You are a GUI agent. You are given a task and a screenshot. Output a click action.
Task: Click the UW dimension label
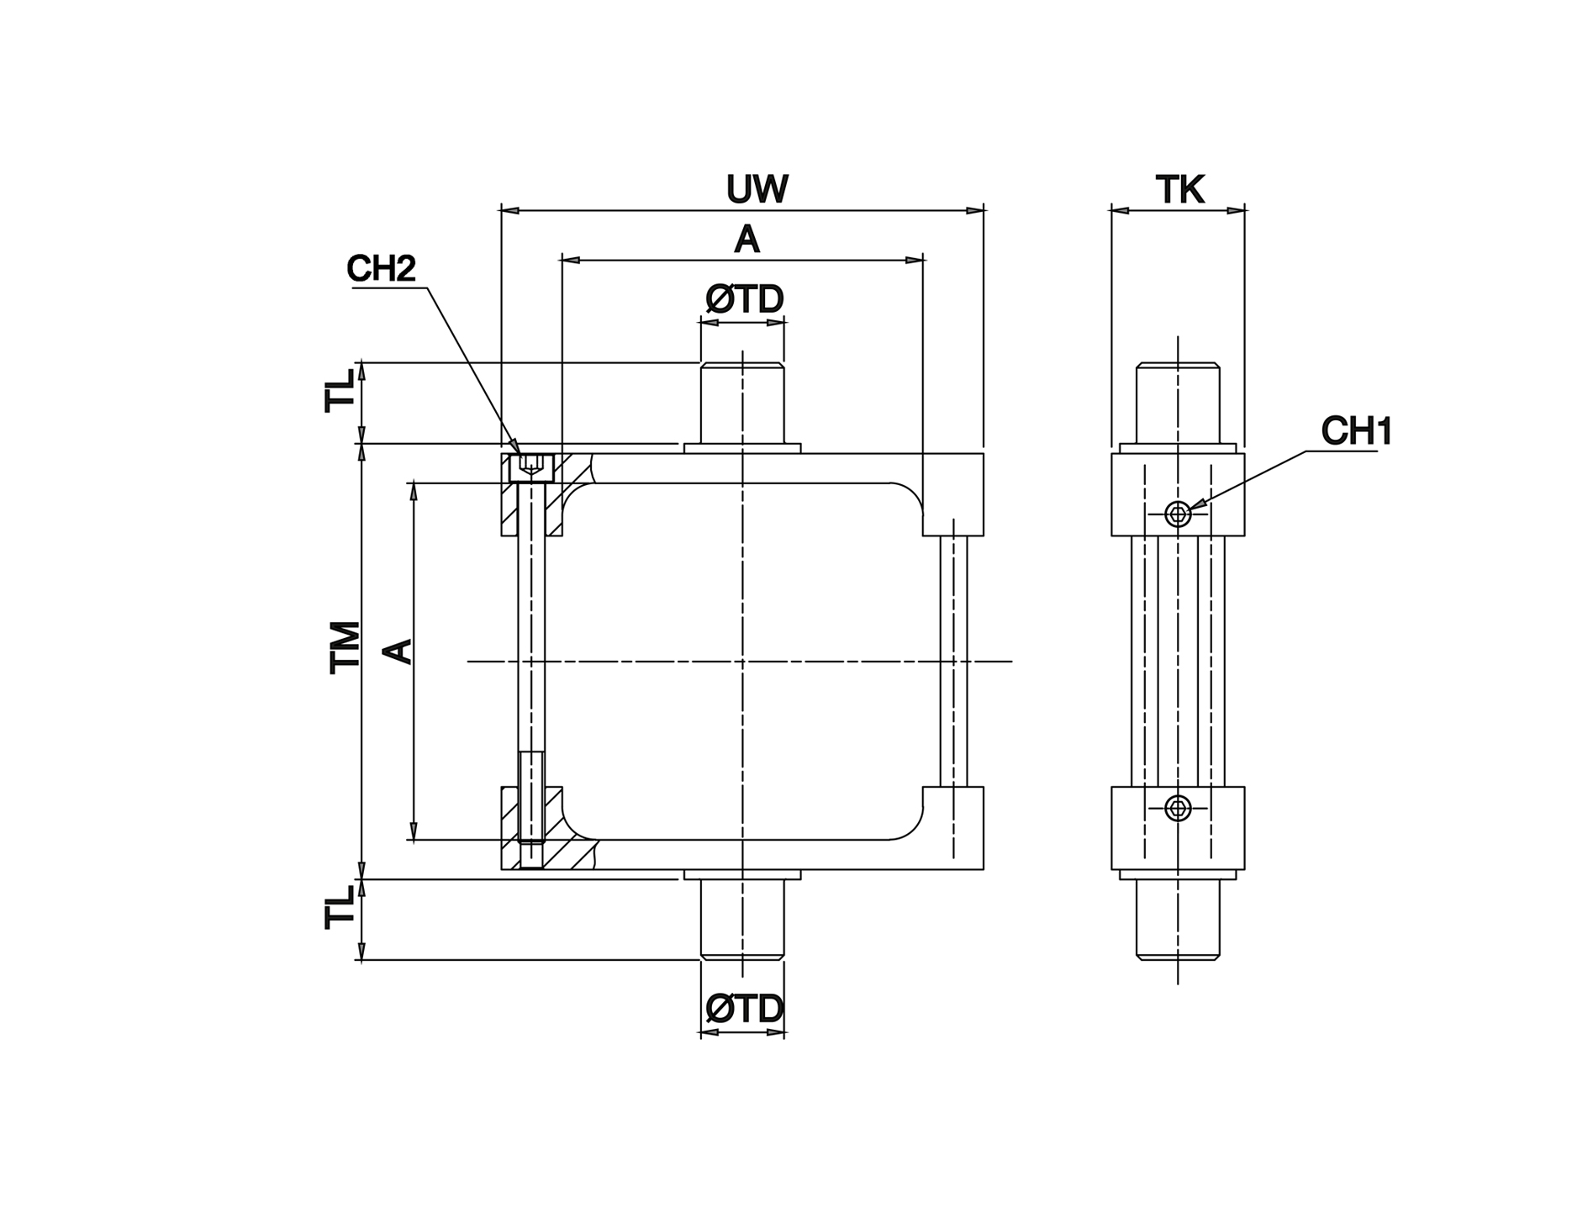coord(757,190)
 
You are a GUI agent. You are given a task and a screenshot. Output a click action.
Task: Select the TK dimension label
coord(1180,190)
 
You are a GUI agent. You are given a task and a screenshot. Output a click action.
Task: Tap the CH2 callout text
coord(381,269)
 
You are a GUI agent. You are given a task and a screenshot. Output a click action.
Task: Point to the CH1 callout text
coord(1356,431)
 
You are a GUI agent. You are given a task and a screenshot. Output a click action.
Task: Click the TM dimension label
coord(345,647)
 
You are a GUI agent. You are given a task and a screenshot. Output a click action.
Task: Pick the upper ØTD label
coord(745,299)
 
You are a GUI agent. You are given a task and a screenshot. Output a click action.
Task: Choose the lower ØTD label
coord(745,1009)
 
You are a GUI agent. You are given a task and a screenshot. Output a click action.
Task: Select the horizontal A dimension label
coord(746,240)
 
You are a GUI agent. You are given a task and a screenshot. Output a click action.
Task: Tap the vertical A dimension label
coord(398,651)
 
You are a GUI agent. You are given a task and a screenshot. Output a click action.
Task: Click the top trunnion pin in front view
coord(742,404)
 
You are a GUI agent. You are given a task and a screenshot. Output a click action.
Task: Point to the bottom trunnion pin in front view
coord(742,918)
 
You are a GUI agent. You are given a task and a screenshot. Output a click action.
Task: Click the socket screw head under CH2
coord(531,467)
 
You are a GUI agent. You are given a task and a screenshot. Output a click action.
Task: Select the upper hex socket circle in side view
coord(1178,513)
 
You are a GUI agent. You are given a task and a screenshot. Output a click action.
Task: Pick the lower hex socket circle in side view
coord(1178,809)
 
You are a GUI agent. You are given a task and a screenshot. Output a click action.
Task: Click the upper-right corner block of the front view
coord(953,494)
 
